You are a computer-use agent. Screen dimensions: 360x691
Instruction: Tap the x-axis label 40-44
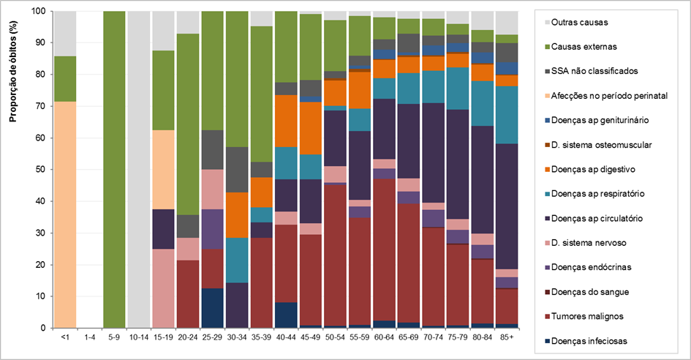(x=287, y=338)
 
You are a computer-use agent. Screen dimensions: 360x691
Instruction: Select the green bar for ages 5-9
(x=114, y=170)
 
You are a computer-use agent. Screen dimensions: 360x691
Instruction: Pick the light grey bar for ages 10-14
(x=139, y=170)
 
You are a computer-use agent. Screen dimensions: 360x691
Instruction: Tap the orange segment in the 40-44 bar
(x=287, y=121)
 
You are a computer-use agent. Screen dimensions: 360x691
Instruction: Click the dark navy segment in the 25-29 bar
(x=212, y=308)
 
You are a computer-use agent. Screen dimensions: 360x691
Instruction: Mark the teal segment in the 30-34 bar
(x=237, y=260)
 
